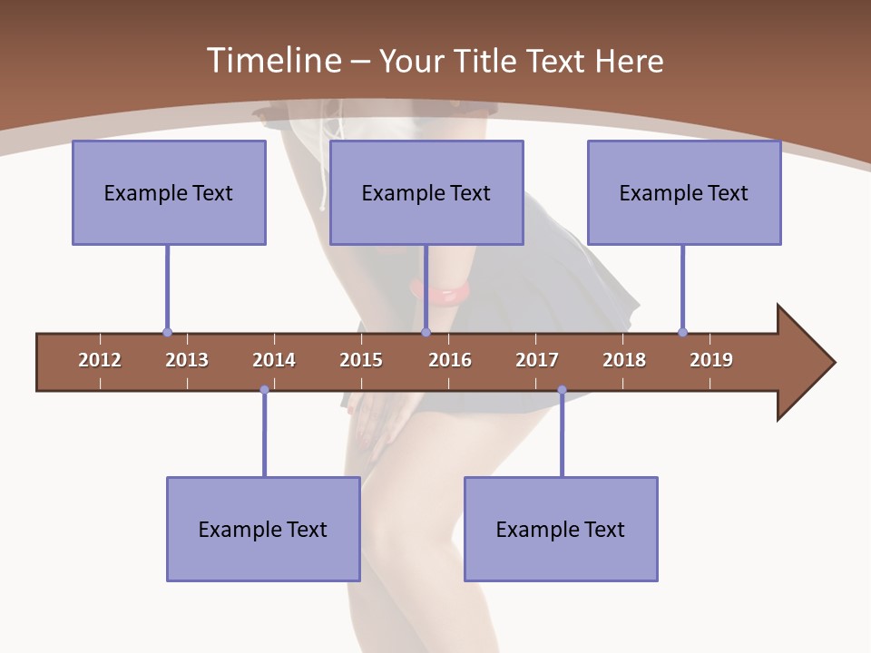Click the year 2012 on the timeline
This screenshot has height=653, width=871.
click(100, 360)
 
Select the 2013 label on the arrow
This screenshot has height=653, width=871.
click(187, 360)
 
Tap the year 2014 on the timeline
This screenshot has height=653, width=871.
click(274, 360)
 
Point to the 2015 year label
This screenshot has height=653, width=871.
click(361, 360)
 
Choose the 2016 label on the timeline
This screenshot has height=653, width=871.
click(450, 360)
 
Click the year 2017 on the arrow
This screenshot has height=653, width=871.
click(537, 360)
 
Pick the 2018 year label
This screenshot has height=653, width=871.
click(624, 360)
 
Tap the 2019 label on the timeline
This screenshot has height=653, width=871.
click(711, 360)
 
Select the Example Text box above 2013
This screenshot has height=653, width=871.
click(169, 192)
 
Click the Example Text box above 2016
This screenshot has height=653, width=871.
click(426, 192)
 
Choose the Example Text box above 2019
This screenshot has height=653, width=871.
click(684, 192)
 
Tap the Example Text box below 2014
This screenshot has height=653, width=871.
click(263, 529)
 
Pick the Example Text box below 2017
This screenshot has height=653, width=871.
click(561, 529)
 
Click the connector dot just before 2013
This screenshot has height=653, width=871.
click(167, 332)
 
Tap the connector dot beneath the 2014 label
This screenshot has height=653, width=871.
click(264, 390)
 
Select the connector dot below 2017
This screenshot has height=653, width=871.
click(562, 390)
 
